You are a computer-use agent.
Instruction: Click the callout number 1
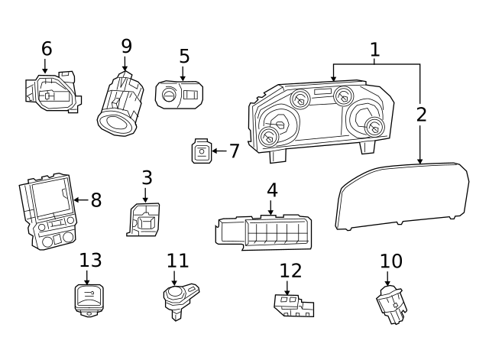tap(374, 50)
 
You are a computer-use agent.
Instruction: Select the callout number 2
tap(421, 115)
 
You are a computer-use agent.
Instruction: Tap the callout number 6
tap(47, 49)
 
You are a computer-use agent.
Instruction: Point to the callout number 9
tap(126, 46)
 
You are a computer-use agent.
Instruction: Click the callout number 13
tap(90, 261)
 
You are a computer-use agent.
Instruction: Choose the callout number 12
tap(290, 271)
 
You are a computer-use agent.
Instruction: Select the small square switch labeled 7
tap(201, 152)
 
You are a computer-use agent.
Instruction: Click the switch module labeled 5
tap(180, 95)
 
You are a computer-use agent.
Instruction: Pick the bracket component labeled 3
tap(143, 219)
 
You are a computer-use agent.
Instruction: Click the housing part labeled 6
tap(52, 93)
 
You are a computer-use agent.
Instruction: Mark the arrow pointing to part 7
tap(219, 151)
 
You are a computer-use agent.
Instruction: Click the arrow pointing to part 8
tap(79, 200)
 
